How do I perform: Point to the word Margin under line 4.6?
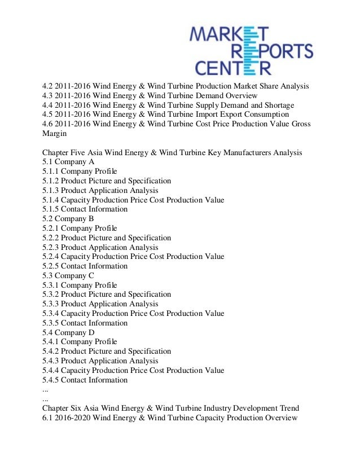pyautogui.click(x=55, y=134)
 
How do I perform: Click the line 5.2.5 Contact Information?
pyautogui.click(x=85, y=266)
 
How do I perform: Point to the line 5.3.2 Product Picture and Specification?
pyautogui.click(x=107, y=294)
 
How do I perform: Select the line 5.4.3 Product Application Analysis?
pyautogui.click(x=100, y=361)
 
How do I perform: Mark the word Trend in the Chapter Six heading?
pyautogui.click(x=288, y=408)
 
